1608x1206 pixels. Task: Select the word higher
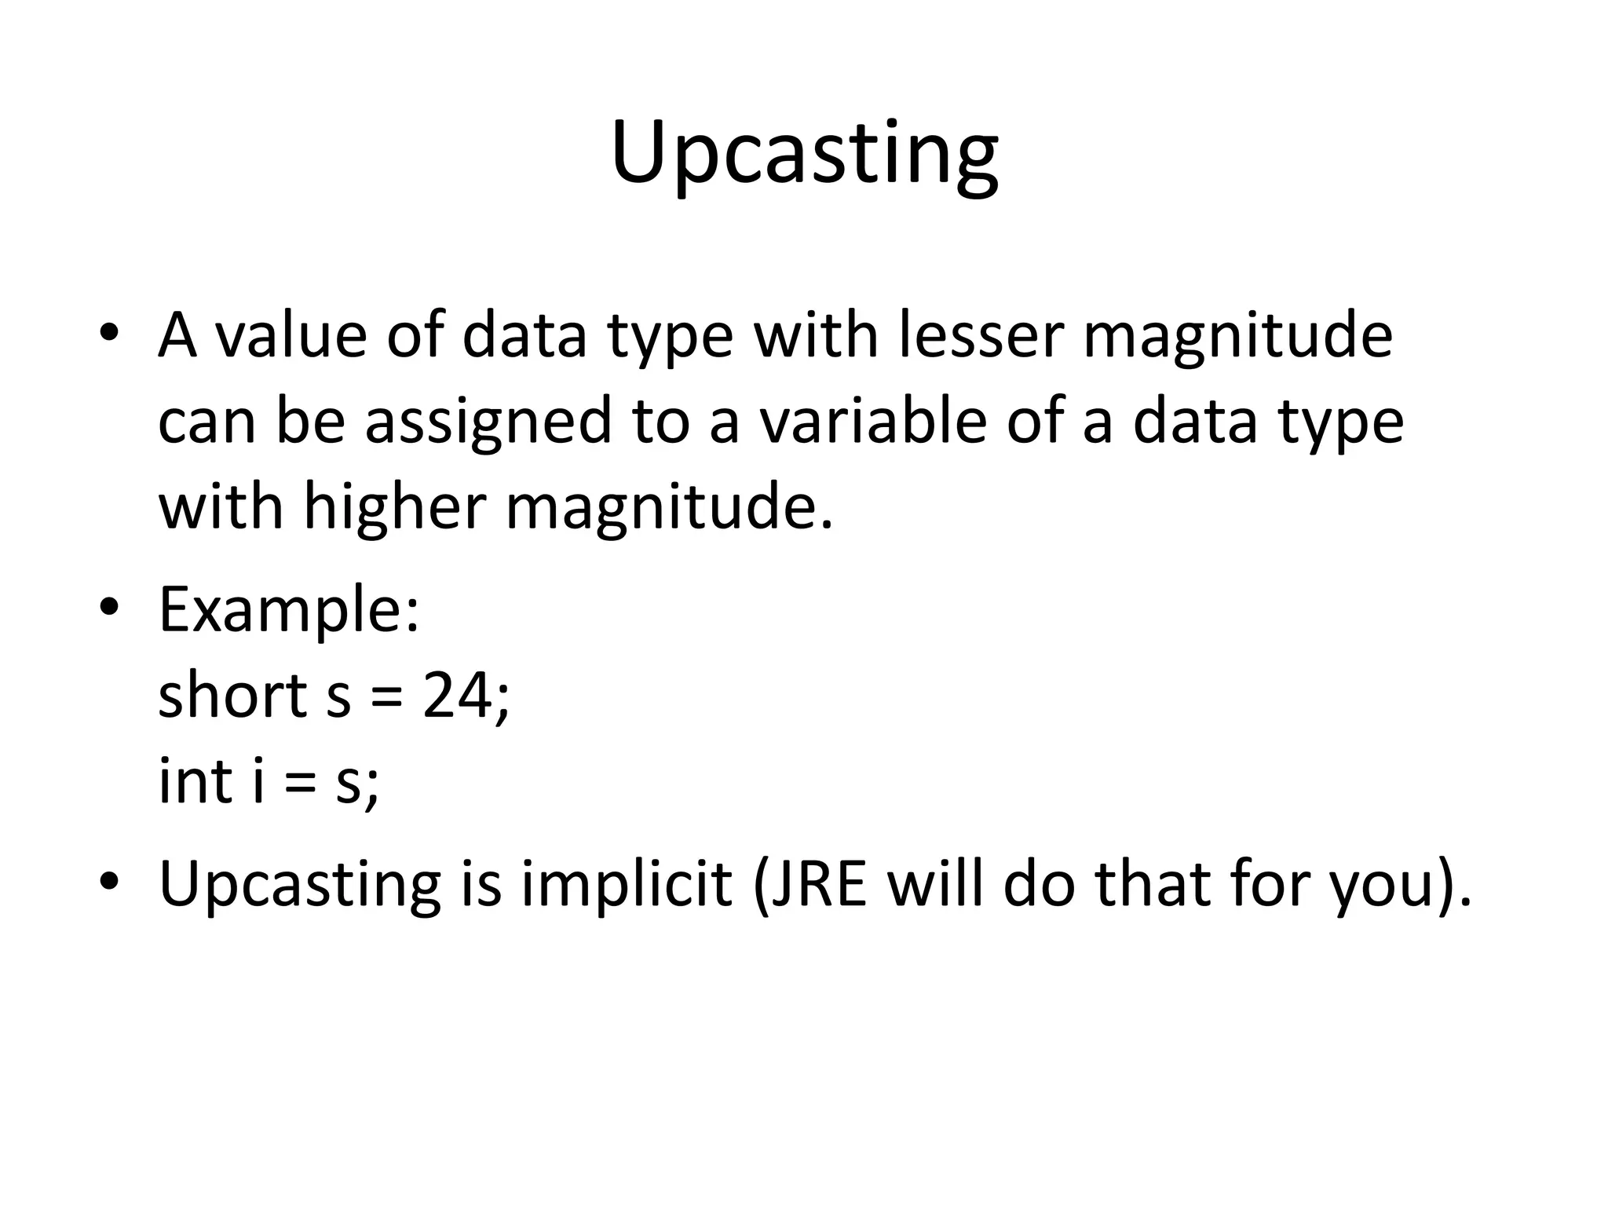pyautogui.click(x=395, y=506)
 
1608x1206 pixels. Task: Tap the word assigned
pyautogui.click(x=488, y=421)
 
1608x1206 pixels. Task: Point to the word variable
pyautogui.click(x=872, y=421)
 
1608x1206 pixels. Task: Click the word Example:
pyautogui.click(x=289, y=610)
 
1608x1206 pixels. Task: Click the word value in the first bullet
pyautogui.click(x=291, y=336)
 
